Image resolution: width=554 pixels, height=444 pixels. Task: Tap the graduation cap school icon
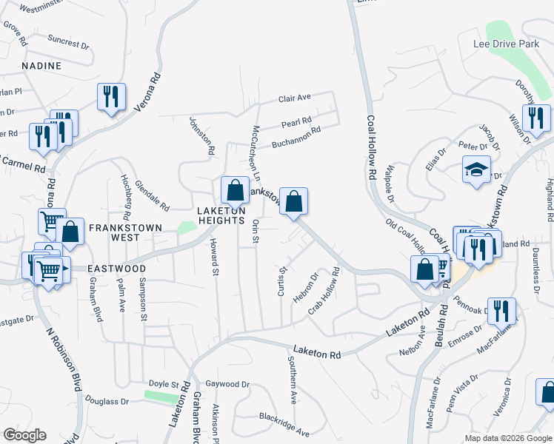click(x=476, y=169)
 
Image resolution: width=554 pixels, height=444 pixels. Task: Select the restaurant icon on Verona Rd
click(x=111, y=96)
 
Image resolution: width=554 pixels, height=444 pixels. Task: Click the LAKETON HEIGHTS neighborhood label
click(x=221, y=215)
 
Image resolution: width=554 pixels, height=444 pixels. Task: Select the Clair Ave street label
click(x=295, y=98)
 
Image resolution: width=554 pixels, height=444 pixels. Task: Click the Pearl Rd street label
click(x=296, y=121)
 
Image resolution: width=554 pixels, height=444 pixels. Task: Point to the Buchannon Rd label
click(x=295, y=136)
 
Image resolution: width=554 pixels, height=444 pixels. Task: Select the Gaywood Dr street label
click(x=227, y=384)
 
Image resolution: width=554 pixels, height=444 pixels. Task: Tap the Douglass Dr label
click(x=107, y=401)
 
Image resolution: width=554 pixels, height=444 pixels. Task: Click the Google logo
click(x=24, y=435)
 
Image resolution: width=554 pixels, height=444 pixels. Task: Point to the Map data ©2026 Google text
click(x=509, y=438)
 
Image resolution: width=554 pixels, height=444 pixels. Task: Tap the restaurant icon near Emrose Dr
click(x=504, y=312)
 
